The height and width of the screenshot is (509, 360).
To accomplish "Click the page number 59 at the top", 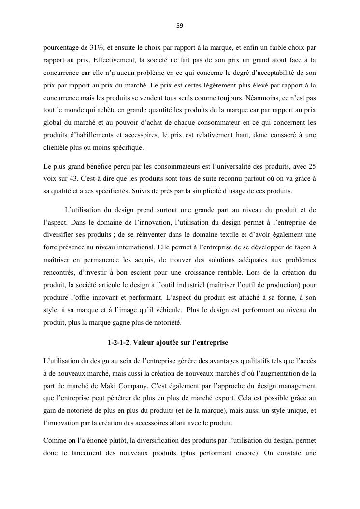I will (180, 26).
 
